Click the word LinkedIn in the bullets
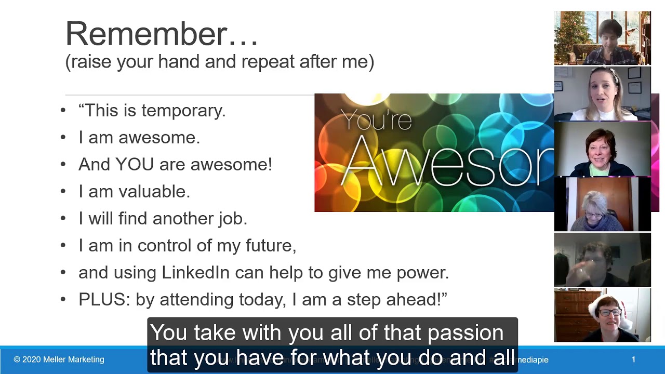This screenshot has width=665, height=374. coord(195,273)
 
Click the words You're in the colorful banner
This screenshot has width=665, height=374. coord(377,121)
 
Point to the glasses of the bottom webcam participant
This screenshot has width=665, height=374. coord(609,313)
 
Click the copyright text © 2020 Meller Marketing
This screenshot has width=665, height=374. coord(59,359)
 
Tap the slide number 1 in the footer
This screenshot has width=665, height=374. coord(633,359)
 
